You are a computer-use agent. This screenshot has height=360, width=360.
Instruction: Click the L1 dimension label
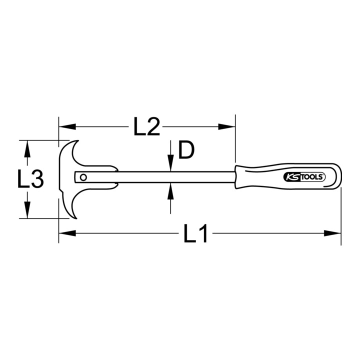tap(195, 233)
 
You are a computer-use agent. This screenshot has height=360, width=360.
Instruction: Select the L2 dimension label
tap(146, 126)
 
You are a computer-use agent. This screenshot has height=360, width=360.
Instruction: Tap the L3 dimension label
tap(30, 179)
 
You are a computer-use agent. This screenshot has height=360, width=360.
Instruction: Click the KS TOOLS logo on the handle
tap(304, 177)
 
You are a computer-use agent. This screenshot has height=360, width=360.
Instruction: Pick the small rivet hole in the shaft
tap(83, 177)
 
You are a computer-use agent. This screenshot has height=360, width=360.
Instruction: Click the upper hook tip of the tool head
tap(78, 140)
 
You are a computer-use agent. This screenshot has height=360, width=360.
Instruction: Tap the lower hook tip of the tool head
tap(76, 217)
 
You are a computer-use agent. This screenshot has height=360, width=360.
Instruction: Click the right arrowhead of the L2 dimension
tap(226, 126)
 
